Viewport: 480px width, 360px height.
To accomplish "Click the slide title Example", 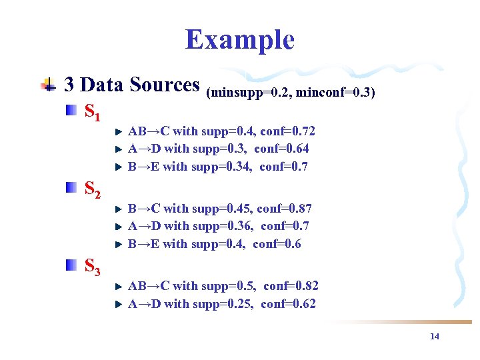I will click(x=239, y=40).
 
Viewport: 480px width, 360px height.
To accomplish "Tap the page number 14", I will click(x=435, y=337).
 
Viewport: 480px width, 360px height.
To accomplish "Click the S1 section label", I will click(x=93, y=112).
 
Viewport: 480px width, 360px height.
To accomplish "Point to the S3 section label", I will click(x=93, y=267).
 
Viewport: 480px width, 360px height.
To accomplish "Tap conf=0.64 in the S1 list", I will click(x=281, y=149).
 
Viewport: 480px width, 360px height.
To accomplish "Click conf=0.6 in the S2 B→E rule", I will click(x=277, y=244).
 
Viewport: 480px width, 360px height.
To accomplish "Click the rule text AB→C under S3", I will click(x=145, y=286).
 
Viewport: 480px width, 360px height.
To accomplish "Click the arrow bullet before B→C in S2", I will click(x=118, y=209).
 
